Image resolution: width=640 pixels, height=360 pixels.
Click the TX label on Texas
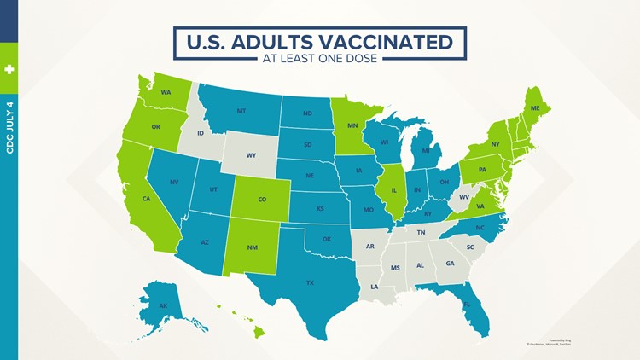pyautogui.click(x=311, y=282)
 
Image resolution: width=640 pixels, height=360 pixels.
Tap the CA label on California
pyautogui.click(x=147, y=199)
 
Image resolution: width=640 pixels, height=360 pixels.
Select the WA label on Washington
pyautogui.click(x=166, y=92)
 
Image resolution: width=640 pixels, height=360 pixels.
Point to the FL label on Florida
pyautogui.click(x=466, y=304)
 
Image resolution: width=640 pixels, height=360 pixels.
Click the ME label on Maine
pyautogui.click(x=535, y=108)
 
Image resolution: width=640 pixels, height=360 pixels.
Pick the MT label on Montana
pyautogui.click(x=242, y=111)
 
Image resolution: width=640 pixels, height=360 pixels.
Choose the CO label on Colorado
pyautogui.click(x=262, y=200)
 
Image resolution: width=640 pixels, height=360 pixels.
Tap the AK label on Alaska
pyautogui.click(x=163, y=305)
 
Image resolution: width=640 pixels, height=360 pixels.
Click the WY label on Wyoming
pyautogui.click(x=251, y=155)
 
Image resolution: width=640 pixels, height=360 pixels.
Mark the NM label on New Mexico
pyautogui.click(x=253, y=247)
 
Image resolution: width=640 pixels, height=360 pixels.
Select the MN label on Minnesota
pyautogui.click(x=352, y=125)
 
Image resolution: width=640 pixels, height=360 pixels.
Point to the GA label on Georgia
pyautogui.click(x=450, y=263)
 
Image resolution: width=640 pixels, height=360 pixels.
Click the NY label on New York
pyautogui.click(x=496, y=144)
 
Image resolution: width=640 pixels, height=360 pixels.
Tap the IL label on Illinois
pyautogui.click(x=393, y=189)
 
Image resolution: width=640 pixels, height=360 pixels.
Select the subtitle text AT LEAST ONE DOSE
pyautogui.click(x=320, y=59)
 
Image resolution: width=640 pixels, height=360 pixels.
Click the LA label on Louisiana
pyautogui.click(x=375, y=287)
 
